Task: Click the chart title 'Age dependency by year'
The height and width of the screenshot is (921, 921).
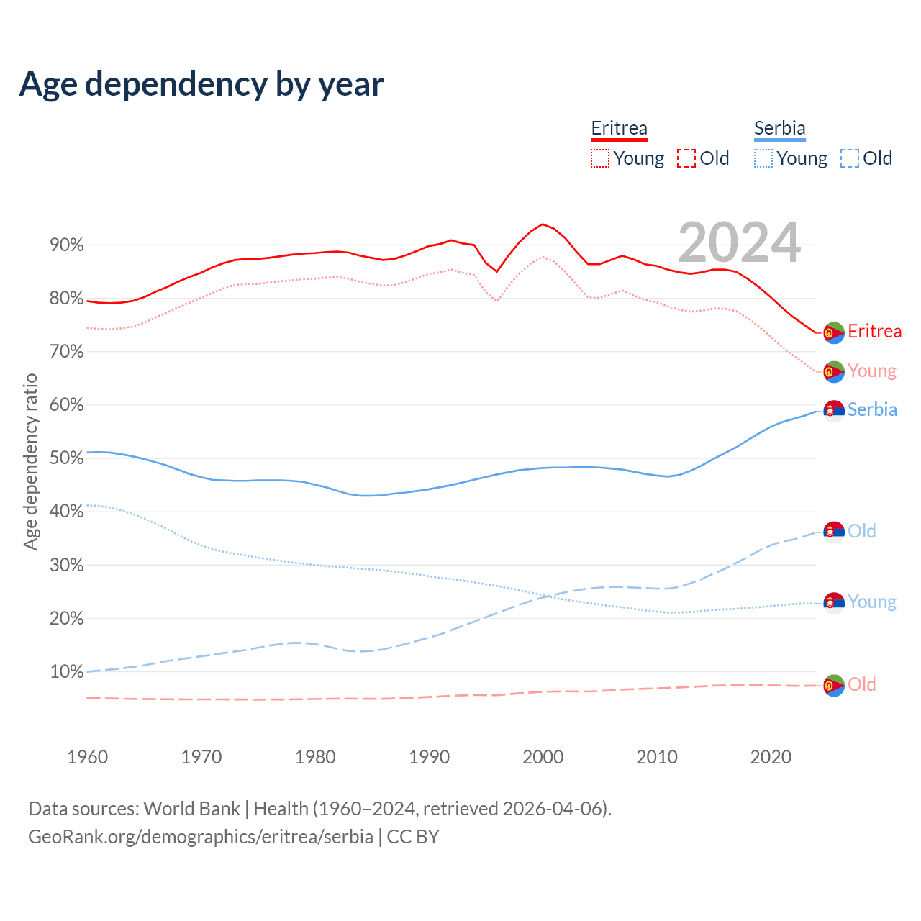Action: point(201,83)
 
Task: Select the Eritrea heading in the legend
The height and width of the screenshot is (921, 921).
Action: point(619,128)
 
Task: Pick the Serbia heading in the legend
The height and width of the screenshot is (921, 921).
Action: point(779,128)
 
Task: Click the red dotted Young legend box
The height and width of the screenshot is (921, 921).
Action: point(600,158)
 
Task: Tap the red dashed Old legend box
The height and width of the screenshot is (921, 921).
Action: point(686,158)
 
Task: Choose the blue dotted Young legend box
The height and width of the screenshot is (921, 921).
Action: point(763,158)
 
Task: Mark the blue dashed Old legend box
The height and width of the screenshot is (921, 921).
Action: point(850,158)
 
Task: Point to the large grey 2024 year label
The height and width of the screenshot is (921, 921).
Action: point(739,242)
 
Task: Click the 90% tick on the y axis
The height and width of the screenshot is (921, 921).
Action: point(66,245)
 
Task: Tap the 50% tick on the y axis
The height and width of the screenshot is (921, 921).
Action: point(66,458)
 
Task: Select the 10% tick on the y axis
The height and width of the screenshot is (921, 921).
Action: point(66,672)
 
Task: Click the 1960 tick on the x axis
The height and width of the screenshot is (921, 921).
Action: point(87,757)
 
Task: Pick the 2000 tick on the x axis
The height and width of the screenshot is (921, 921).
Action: point(543,757)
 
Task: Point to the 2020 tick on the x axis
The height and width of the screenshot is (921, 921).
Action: point(771,757)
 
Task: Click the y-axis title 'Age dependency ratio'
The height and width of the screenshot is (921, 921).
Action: point(30,461)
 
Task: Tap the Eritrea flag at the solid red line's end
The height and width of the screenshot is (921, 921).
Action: point(834,332)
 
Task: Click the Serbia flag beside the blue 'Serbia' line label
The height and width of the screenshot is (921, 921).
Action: point(834,410)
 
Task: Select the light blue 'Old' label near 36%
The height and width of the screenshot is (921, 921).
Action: point(861,531)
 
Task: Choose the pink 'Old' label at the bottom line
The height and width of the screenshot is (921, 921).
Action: point(861,684)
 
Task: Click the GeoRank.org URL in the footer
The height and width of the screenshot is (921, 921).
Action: point(201,837)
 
